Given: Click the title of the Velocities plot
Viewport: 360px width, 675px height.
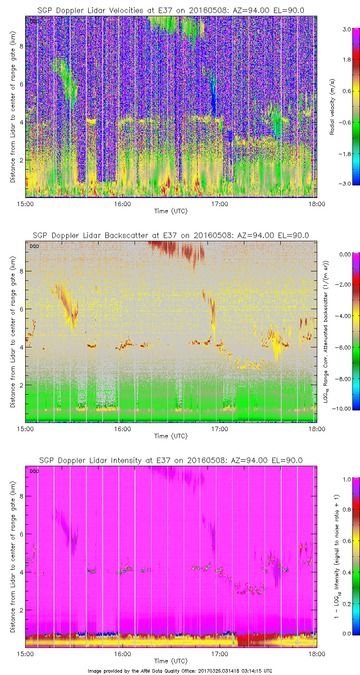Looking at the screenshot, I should point(171,10).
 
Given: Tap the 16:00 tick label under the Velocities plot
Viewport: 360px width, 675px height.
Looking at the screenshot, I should point(122,203).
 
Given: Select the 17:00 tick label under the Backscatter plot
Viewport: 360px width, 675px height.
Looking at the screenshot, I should point(220,429).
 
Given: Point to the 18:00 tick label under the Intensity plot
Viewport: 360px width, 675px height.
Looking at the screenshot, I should point(316,654).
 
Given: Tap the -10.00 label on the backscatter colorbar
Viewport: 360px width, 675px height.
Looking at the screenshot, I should point(344,409).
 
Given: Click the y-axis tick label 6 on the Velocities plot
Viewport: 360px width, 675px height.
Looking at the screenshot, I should point(20,84).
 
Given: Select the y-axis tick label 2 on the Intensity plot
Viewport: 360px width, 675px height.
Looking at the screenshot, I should point(20,610).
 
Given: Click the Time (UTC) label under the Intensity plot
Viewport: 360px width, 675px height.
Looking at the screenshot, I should point(171,661).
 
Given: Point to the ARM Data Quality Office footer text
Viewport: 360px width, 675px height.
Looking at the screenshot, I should point(180,671).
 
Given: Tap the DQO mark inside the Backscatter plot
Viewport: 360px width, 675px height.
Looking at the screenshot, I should point(33,246).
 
